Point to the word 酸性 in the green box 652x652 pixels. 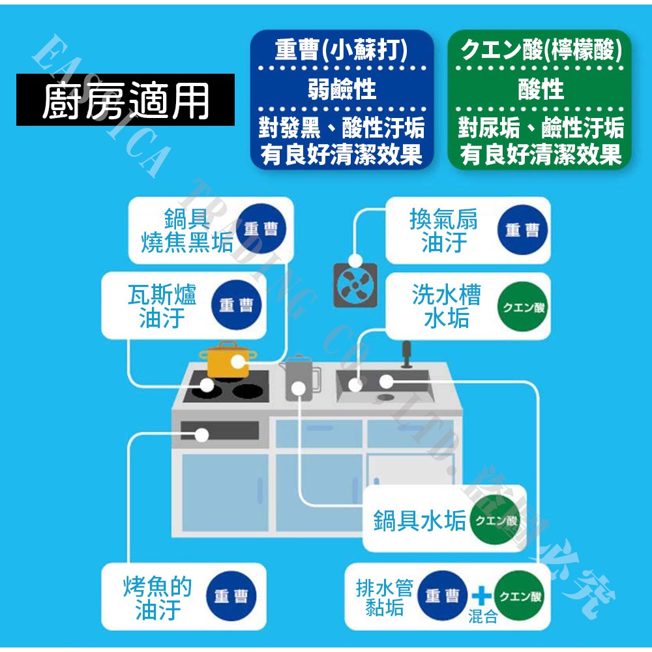click(x=541, y=89)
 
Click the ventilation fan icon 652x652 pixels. click(x=356, y=284)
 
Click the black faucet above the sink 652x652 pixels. click(x=406, y=354)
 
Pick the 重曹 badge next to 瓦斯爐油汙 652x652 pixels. click(x=235, y=306)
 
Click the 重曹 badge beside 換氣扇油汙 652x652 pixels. click(x=522, y=230)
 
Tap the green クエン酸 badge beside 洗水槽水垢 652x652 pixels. click(x=522, y=306)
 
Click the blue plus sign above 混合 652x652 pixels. click(x=481, y=595)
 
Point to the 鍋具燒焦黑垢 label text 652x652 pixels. click(x=187, y=231)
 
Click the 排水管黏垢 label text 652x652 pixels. click(x=385, y=597)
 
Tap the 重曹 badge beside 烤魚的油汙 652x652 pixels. click(x=231, y=597)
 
